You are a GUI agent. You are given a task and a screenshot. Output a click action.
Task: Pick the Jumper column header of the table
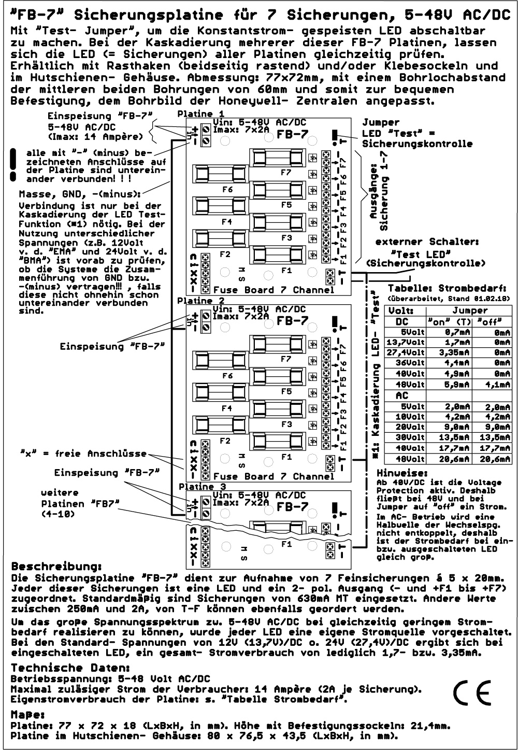click(x=470, y=310)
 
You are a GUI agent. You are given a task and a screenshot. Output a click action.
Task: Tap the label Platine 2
click(x=200, y=301)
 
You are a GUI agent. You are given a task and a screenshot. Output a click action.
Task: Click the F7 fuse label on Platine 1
click(x=285, y=173)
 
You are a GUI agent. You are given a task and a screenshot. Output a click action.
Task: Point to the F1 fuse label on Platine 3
click(x=286, y=545)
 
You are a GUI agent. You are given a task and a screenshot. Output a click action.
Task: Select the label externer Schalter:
click(x=427, y=242)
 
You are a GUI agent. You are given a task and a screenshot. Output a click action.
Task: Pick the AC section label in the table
click(x=402, y=395)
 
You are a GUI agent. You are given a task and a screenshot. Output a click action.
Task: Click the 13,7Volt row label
click(x=404, y=342)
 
